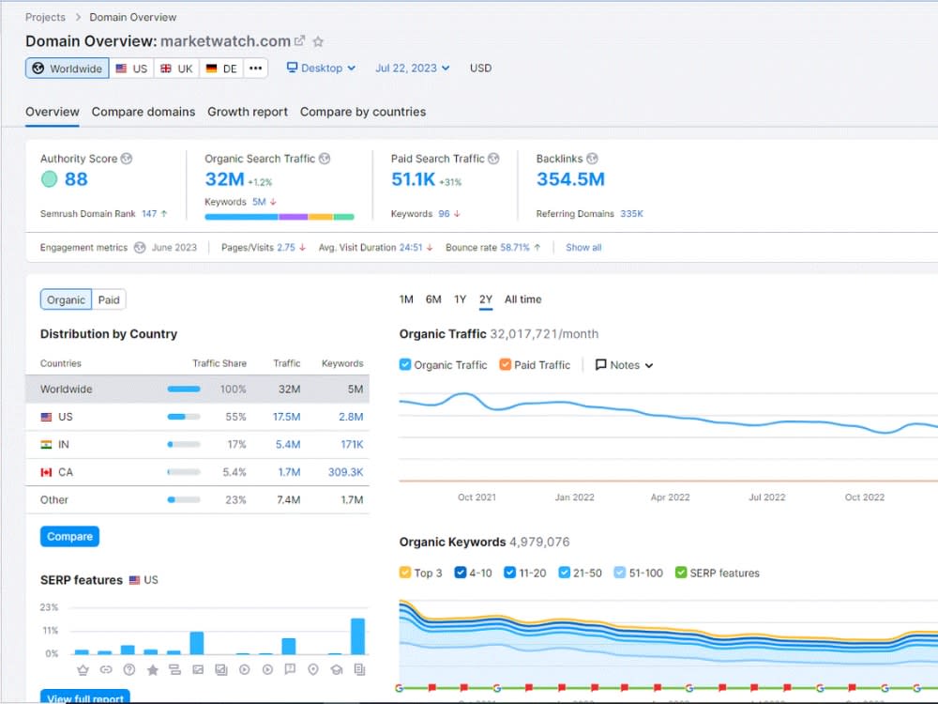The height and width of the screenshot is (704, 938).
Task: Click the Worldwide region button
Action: click(67, 69)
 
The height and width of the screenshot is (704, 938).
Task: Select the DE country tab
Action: click(221, 69)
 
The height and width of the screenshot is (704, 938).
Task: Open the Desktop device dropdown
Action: click(321, 69)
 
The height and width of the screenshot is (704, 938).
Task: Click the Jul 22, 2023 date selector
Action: click(412, 69)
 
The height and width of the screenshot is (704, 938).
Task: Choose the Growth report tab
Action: click(247, 112)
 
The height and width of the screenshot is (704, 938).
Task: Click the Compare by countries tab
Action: click(362, 112)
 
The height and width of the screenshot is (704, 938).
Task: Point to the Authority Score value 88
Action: click(76, 179)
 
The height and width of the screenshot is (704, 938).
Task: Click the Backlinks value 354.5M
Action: click(570, 179)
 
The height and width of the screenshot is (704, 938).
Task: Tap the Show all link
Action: click(583, 248)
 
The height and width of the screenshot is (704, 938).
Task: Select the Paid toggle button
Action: click(109, 300)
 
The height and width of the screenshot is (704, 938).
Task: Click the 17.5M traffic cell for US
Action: click(286, 417)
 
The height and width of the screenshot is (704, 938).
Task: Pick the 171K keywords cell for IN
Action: click(352, 444)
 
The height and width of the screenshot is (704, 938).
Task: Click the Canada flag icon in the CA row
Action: click(46, 472)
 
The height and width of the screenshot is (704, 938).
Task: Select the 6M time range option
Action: click(433, 299)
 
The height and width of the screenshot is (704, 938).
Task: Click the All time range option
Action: click(522, 299)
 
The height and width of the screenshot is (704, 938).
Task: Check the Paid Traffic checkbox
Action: click(506, 364)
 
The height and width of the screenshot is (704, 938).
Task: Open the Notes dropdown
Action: click(624, 365)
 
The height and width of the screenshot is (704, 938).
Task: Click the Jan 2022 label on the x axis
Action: click(574, 497)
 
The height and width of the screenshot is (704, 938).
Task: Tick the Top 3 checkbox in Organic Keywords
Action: click(405, 573)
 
